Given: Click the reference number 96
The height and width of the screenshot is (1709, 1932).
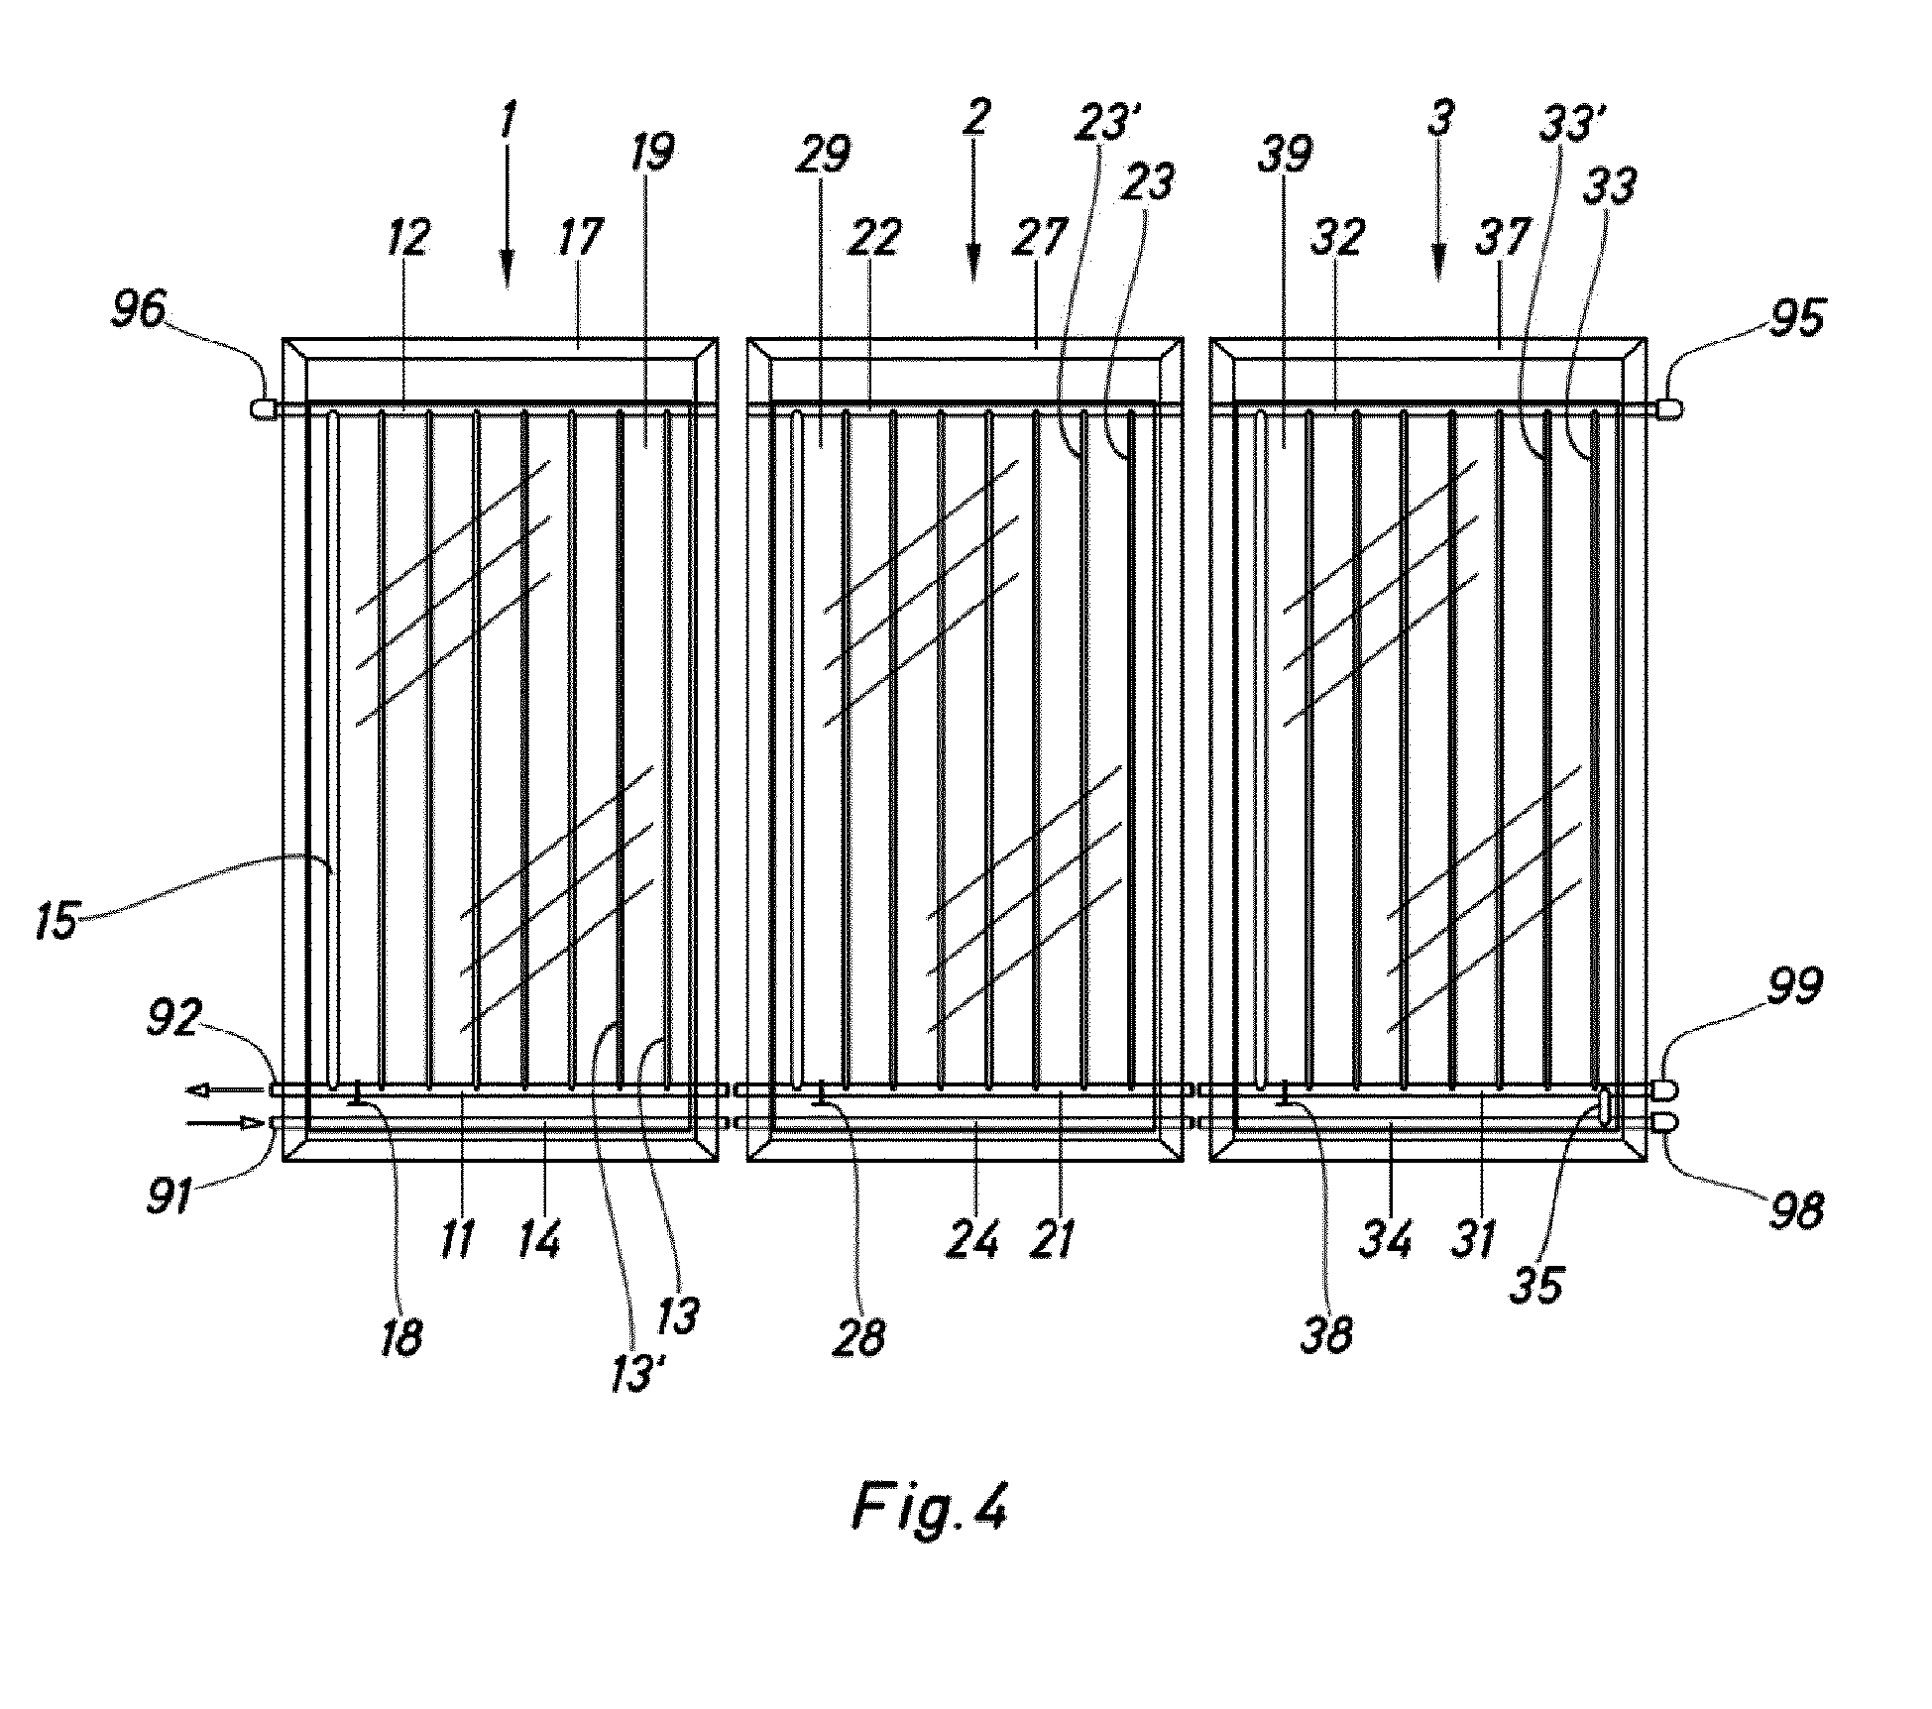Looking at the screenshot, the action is (x=139, y=313).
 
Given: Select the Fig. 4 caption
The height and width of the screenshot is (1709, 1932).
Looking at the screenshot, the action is (x=930, y=1509).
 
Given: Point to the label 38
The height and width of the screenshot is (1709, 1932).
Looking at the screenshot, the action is (x=1325, y=1335).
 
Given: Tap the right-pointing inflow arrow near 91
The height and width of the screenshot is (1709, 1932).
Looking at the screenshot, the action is (x=227, y=1123).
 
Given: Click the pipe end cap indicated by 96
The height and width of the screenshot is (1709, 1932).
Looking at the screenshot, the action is (x=265, y=408).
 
